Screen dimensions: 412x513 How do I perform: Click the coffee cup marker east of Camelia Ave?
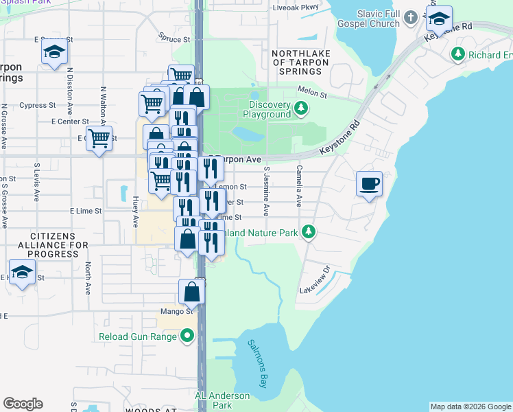(369, 184)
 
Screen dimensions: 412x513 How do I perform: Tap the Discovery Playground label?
(270, 109)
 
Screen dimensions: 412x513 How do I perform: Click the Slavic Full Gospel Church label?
(378, 19)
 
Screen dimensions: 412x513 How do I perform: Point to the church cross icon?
(411, 16)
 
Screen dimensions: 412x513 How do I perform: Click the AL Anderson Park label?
(223, 400)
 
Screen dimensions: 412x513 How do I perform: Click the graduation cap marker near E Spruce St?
(54, 52)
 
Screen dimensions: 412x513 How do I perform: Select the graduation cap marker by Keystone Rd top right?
(438, 19)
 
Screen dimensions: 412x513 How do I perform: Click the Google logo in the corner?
(23, 404)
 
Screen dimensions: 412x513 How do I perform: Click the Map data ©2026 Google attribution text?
(470, 407)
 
